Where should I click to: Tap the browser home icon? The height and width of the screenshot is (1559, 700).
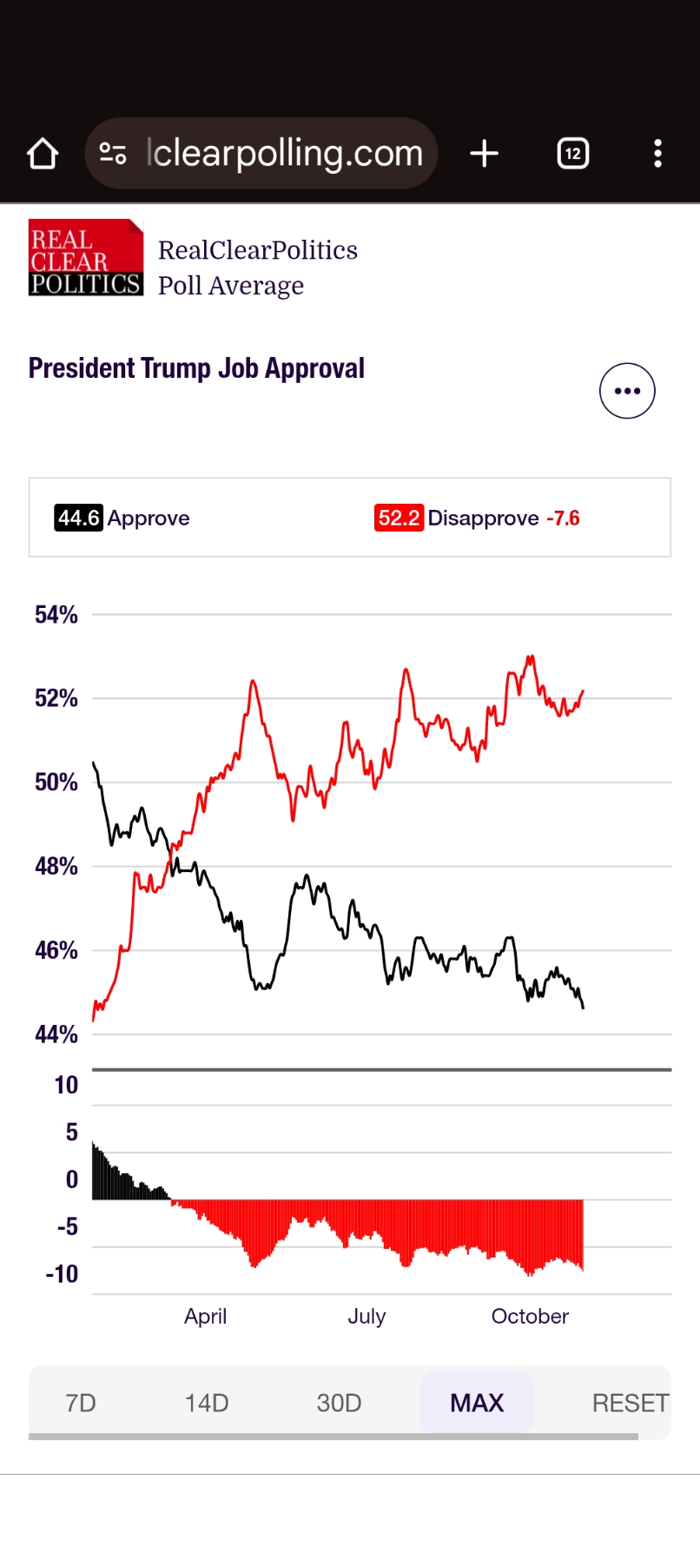[x=43, y=154]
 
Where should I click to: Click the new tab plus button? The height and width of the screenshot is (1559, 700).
[x=484, y=154]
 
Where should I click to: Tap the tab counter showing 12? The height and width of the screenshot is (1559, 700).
[x=572, y=154]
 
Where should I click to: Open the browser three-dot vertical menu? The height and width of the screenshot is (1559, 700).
[x=657, y=154]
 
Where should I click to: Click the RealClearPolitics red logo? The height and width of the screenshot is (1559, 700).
[x=85, y=258]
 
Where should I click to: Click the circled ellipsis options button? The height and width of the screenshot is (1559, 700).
[x=627, y=391]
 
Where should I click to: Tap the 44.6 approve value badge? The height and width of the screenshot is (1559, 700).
[x=78, y=518]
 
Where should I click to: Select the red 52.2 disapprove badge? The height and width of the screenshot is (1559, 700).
[x=399, y=518]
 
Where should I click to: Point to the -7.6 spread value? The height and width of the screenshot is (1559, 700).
[x=563, y=519]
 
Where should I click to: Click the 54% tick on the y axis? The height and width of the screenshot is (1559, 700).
[x=56, y=615]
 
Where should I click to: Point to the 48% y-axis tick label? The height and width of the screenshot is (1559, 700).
[x=56, y=866]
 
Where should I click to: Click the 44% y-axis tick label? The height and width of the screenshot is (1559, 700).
[x=56, y=1034]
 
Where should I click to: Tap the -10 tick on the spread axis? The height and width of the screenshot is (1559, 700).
[x=62, y=1274]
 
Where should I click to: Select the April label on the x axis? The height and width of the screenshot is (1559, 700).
[x=205, y=1317]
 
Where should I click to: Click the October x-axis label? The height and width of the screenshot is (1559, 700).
[x=530, y=1317]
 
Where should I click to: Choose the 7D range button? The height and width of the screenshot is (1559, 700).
[x=81, y=1403]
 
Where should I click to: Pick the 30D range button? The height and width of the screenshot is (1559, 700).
[x=339, y=1403]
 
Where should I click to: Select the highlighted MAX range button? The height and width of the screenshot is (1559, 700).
[x=477, y=1403]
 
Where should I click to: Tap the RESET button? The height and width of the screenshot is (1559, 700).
[x=630, y=1403]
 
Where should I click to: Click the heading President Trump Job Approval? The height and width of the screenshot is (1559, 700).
[x=196, y=368]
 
